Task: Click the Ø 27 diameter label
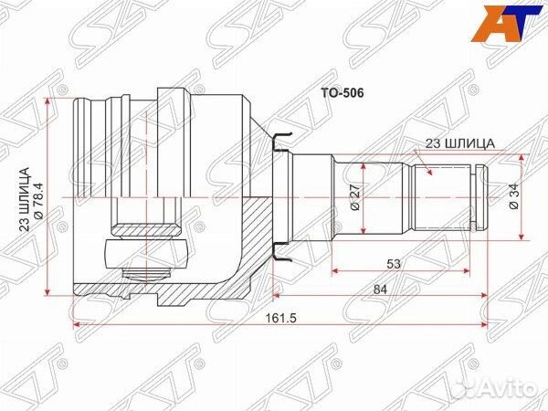click(353, 198)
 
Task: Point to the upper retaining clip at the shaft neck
click(282, 139)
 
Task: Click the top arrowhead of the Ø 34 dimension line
click(522, 157)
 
